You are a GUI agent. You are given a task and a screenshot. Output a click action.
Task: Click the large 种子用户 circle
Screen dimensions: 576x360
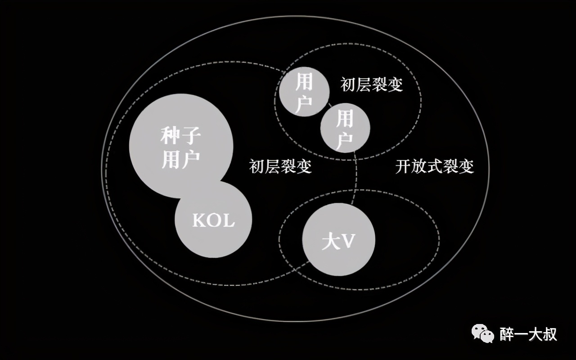[181, 146]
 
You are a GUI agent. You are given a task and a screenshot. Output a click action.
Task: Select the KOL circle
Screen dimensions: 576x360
[213, 219]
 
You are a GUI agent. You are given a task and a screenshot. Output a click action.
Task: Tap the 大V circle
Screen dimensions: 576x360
[339, 239]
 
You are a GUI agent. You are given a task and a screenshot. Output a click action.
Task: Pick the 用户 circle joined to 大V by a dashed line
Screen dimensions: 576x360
[345, 128]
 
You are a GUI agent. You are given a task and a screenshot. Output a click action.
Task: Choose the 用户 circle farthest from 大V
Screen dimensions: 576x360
[305, 91]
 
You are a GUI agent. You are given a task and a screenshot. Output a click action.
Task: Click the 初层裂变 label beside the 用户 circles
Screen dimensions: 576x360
[372, 84]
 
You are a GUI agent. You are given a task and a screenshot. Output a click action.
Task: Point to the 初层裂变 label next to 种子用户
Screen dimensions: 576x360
[280, 166]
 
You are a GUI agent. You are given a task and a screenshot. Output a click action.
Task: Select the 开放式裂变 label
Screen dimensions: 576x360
[435, 166]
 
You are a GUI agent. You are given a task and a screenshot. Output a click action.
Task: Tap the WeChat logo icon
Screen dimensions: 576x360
[483, 333]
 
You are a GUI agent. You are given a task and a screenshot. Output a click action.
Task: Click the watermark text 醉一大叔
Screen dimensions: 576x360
[528, 334]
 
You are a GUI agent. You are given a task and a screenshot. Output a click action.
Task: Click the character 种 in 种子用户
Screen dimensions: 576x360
[170, 135]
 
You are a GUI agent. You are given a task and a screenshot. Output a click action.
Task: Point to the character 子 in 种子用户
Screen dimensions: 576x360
[191, 135]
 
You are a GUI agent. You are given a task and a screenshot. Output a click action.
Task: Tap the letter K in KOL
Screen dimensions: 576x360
[199, 220]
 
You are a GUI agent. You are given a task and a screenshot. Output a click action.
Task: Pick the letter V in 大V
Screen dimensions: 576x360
[348, 241]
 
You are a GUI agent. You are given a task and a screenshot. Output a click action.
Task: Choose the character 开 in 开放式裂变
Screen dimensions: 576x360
[403, 166]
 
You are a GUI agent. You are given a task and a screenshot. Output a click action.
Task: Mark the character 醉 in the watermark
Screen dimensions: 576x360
[507, 334]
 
